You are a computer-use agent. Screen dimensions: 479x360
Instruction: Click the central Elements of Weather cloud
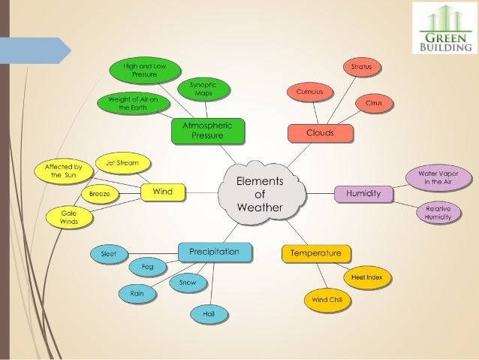[262, 193]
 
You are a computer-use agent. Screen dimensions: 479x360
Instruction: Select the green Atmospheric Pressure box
[208, 131]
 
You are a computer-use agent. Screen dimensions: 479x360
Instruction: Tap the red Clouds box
[321, 133]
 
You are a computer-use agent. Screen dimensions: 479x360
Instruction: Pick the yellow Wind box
[163, 192]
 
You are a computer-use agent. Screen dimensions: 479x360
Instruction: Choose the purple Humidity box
[363, 194]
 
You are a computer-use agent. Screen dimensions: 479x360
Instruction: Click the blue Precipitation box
[215, 253]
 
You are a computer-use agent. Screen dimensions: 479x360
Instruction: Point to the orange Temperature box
[316, 253]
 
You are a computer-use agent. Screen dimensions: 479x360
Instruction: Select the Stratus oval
[362, 67]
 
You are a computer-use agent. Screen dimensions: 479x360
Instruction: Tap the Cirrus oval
[374, 104]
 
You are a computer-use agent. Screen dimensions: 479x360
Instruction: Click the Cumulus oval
[310, 92]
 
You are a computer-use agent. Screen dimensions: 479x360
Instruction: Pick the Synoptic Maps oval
[203, 89]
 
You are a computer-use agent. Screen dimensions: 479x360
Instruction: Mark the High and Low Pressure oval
[145, 71]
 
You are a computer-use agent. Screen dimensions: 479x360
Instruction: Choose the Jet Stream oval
[123, 163]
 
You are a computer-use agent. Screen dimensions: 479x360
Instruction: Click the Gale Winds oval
[69, 217]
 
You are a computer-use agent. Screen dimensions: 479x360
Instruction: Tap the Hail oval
[209, 314]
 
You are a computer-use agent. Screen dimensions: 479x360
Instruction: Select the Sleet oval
[109, 254]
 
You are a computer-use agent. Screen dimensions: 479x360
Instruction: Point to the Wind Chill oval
[327, 301]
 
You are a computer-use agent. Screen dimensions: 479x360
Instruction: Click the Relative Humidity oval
[438, 213]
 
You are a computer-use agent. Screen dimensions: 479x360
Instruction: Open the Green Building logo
[444, 28]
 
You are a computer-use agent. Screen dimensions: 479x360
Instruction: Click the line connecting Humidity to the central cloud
[320, 194]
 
